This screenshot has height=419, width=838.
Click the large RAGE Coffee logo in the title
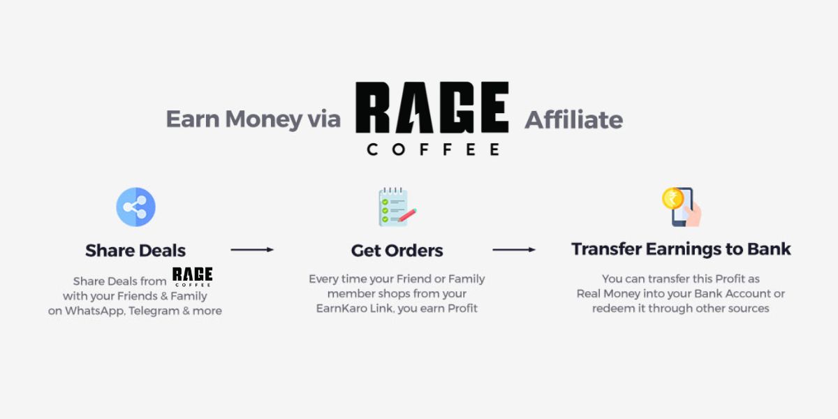432,117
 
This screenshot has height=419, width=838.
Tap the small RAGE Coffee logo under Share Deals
192,276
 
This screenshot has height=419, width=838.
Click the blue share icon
135,207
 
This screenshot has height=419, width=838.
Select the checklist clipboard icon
396,207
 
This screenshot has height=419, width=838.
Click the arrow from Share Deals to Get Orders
251,249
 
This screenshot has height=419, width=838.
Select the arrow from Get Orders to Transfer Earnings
513,249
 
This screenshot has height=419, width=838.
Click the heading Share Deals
135,250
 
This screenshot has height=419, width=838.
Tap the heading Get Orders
397,250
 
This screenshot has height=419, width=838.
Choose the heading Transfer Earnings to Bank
681,249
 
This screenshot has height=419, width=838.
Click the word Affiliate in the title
573,120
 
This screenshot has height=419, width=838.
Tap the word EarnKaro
339,308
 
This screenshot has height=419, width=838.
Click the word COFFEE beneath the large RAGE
432,149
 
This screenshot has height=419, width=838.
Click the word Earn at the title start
189,119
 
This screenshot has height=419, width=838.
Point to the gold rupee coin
672,198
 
